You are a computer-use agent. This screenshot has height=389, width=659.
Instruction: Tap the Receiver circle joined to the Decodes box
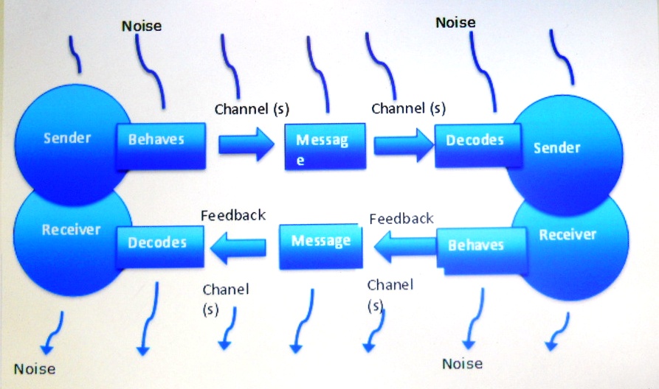pos(69,243)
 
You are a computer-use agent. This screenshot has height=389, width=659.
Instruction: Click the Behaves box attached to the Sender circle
pos(161,146)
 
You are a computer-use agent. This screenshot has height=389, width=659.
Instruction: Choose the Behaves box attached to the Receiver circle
pos(481,250)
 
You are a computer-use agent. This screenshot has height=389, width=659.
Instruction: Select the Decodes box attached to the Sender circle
pos(478,145)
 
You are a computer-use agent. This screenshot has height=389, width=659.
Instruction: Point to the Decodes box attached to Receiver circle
pos(159,247)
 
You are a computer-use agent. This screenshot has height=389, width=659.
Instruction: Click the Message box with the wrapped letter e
pos(325,147)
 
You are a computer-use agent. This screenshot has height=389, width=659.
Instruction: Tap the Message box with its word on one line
pos(321,246)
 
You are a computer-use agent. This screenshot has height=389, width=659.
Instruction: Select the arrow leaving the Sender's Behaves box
pos(246,144)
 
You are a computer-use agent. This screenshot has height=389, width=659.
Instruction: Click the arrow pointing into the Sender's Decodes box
pos(404,146)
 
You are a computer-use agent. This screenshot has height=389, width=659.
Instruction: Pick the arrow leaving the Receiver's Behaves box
pos(404,246)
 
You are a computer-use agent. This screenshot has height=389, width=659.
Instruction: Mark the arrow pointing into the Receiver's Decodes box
pos(238,248)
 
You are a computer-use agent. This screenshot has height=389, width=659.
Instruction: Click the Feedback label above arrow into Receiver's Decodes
pos(233,215)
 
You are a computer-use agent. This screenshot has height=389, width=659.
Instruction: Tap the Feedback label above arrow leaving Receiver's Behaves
pos(401,219)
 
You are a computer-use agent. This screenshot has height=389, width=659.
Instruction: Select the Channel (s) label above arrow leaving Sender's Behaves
pos(252,109)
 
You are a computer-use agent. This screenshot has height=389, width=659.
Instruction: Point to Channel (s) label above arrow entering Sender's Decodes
pos(409,108)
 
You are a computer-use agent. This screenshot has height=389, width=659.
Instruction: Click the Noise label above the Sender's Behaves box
pos(142,26)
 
